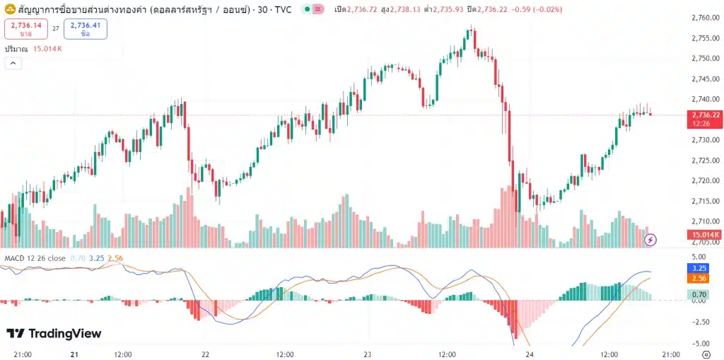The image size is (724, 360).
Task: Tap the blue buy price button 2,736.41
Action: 85,29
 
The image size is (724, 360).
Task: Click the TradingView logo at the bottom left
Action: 54,334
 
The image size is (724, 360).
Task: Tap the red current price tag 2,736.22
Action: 705,118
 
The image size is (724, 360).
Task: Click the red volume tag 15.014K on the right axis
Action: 705,235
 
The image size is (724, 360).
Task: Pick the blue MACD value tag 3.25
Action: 699,268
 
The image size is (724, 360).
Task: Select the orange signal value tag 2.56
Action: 699,279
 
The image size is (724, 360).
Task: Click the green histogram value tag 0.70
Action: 699,294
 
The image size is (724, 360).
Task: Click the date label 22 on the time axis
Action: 205,354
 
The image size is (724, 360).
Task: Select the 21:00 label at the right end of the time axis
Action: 670,354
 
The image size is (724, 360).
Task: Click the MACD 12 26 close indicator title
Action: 35,258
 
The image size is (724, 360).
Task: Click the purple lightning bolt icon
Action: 651,240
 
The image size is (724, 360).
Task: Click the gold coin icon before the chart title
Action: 11,9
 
